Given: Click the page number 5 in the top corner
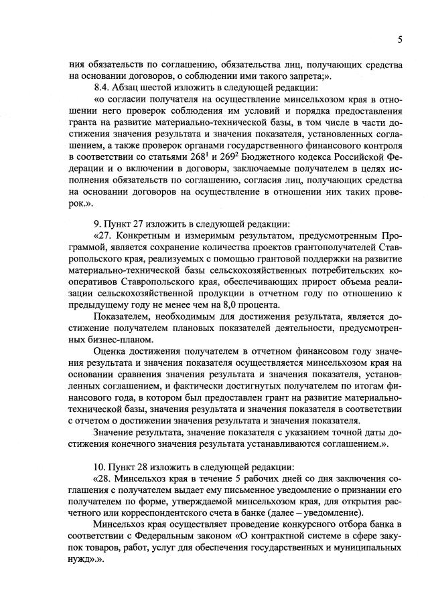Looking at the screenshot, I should click(x=399, y=39).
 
